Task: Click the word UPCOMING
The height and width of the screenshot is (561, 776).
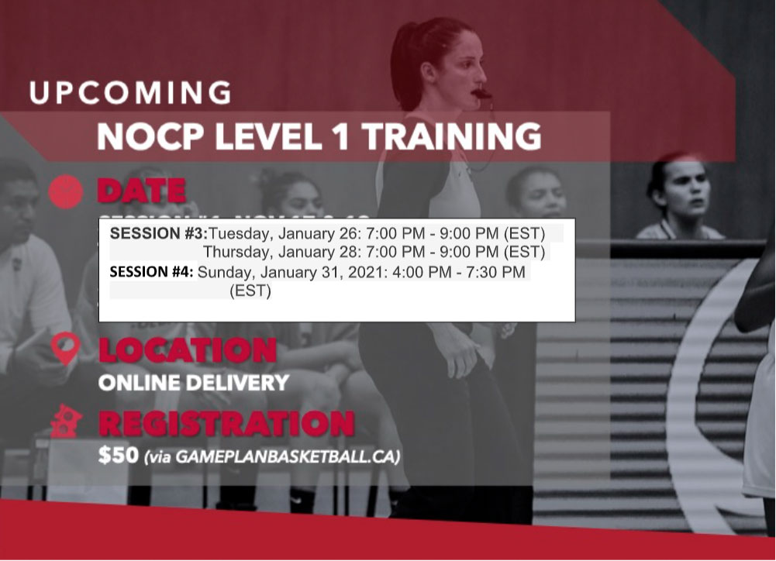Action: pos(130,92)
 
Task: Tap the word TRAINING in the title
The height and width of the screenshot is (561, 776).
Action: pos(452,136)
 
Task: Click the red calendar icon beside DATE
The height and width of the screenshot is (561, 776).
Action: pos(66,191)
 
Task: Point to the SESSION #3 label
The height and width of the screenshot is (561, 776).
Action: pos(158,233)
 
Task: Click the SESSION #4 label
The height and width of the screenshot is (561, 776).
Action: pos(152,272)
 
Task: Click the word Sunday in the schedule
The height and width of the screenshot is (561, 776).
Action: pos(226,272)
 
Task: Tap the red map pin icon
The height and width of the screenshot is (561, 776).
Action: pos(66,348)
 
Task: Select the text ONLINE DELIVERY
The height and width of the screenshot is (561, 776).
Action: pos(193,383)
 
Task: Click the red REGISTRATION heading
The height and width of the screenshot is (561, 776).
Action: pos(226,423)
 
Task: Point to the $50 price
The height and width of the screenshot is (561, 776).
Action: pos(118,456)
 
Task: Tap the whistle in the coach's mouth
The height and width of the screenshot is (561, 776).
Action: pos(481,93)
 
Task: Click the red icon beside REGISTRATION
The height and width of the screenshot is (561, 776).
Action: pos(67,423)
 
